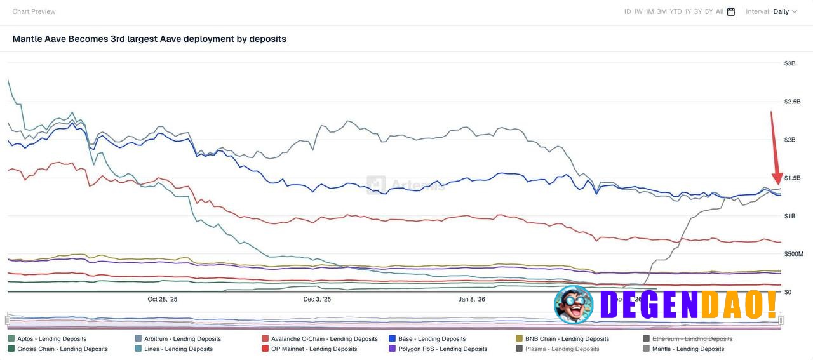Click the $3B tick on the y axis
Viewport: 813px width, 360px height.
click(789, 63)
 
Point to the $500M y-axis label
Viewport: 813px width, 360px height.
click(793, 254)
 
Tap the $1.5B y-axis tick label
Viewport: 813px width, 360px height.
click(791, 178)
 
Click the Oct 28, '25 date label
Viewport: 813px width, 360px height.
click(163, 299)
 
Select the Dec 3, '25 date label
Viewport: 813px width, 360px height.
click(317, 299)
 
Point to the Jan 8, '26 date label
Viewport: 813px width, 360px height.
click(472, 299)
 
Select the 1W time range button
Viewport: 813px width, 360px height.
click(638, 11)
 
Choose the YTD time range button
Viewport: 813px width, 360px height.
click(675, 11)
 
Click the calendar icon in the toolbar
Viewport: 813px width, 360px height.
click(731, 11)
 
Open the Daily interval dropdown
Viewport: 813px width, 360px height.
click(784, 11)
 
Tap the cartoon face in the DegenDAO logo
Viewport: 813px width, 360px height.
click(573, 305)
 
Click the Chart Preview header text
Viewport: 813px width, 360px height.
click(34, 11)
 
